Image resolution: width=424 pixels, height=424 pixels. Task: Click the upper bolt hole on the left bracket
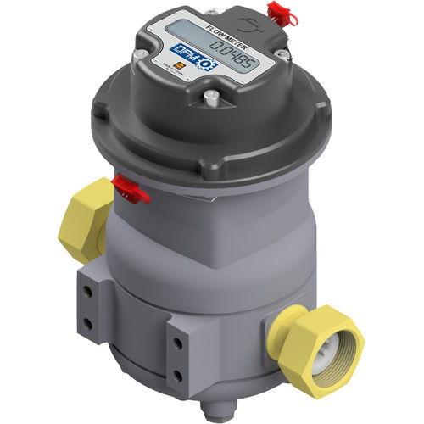[87, 292]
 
